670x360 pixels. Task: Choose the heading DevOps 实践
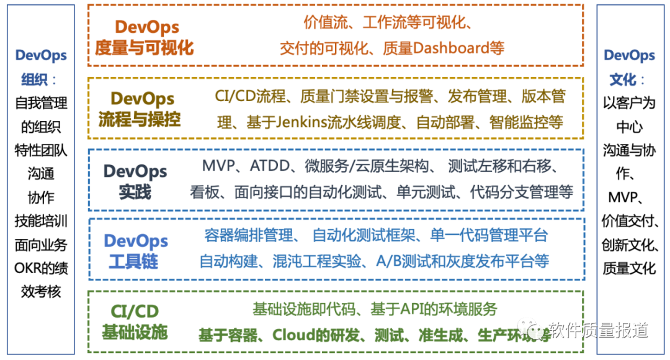click(x=135, y=181)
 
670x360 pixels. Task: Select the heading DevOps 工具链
click(x=135, y=251)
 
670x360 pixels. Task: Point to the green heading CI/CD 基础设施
click(x=135, y=321)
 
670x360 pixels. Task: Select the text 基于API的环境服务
click(x=434, y=308)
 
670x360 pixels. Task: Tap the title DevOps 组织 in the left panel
click(x=40, y=67)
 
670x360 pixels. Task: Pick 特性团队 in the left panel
click(x=41, y=150)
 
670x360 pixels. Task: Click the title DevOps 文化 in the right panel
click(x=628, y=67)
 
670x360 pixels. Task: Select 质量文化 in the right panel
click(x=629, y=268)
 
